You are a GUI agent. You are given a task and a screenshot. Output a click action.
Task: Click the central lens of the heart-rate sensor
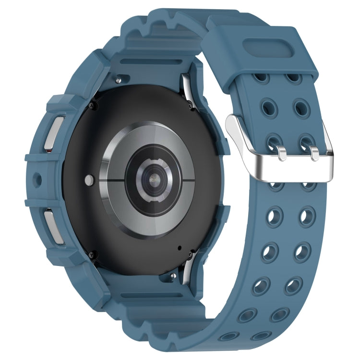[153, 178]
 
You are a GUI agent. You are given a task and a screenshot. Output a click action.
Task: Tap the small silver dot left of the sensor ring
[89, 180]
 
